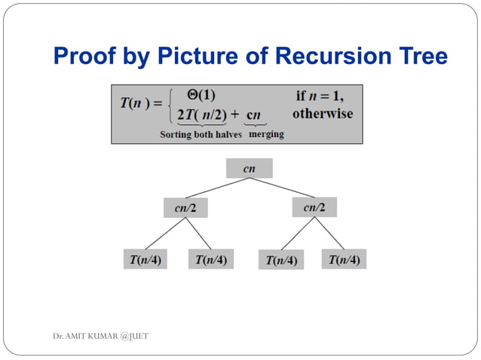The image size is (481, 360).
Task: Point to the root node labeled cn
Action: pos(249,169)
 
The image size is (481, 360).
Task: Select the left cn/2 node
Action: pos(185,207)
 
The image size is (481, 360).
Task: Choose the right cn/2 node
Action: pos(314,206)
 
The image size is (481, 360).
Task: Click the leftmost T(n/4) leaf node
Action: pos(146,260)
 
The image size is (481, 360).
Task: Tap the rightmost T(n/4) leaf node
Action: pos(344,260)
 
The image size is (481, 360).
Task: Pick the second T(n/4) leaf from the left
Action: pos(210,260)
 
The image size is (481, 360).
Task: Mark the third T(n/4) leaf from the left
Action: pos(280,261)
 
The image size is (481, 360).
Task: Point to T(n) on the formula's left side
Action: pos(137,105)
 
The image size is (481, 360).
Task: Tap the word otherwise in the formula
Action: pos(322,114)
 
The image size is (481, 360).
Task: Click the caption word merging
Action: pos(266,135)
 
